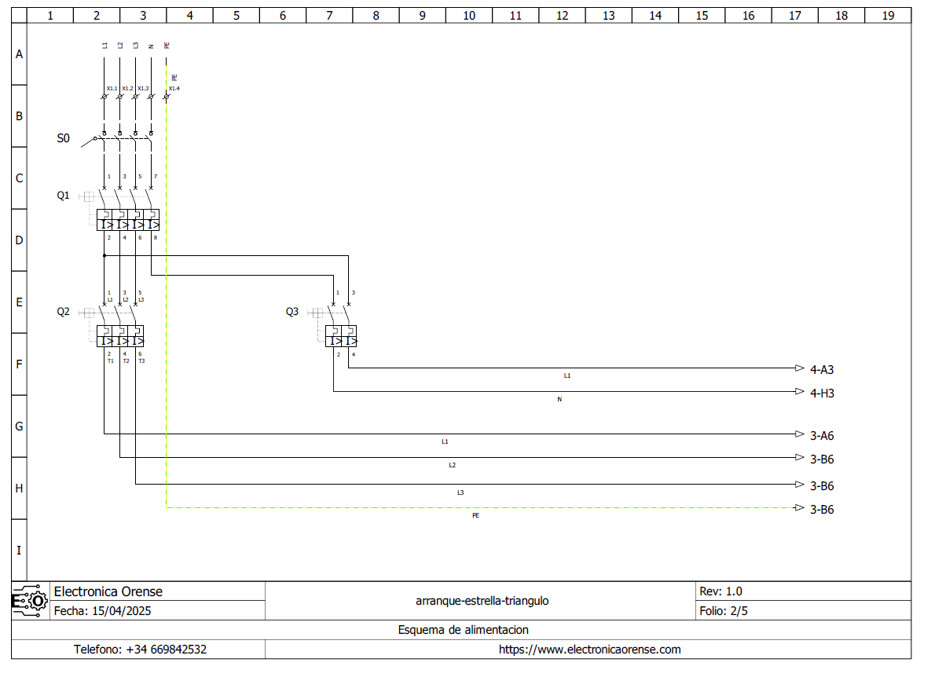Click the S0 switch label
pos(63,138)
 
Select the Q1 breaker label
pos(63,196)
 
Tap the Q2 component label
pos(63,312)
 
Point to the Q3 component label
pos(292,312)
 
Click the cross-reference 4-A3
pos(823,369)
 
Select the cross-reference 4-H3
pos(823,393)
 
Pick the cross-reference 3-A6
pos(823,435)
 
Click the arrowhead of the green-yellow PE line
pos(799,508)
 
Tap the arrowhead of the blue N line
pos(799,392)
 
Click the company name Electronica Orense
pos(108,591)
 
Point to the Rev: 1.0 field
pos(720,591)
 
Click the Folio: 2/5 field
pos(722,610)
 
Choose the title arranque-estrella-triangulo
pos(482,601)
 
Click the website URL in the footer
pos(589,650)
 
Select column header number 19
pos(888,15)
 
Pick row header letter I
pos(19,551)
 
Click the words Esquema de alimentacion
pos(463,630)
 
